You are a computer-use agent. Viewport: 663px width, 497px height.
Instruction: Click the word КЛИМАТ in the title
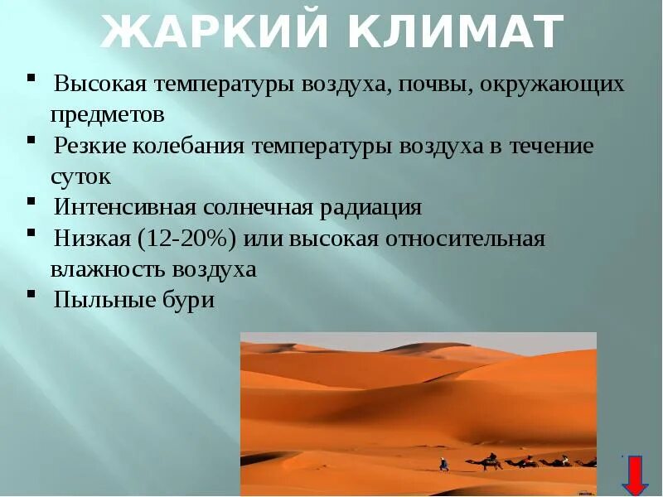point(451,32)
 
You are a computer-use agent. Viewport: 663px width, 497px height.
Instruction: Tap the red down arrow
point(636,475)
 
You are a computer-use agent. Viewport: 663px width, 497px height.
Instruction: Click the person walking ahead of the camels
point(444,464)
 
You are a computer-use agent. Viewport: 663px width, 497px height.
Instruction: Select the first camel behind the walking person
point(491,461)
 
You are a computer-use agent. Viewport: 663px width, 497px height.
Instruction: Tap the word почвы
point(435,84)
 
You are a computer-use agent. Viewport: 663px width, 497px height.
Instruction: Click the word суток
point(80,176)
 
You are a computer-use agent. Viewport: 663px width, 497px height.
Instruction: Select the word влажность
point(109,269)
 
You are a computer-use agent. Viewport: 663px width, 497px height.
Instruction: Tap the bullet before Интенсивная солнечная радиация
point(31,201)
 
